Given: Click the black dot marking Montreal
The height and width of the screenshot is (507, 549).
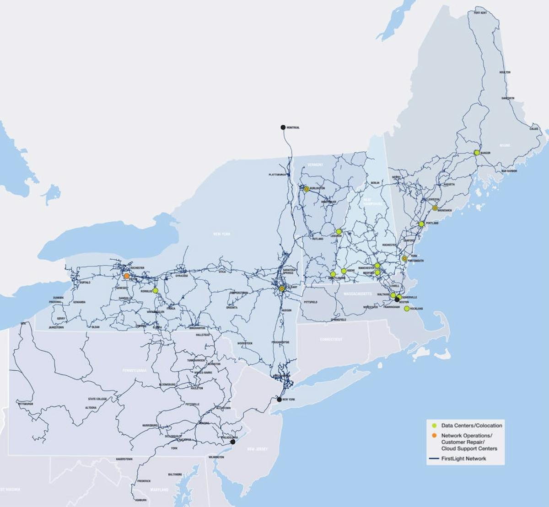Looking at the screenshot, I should coord(283,127).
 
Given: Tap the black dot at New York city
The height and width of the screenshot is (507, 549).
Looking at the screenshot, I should coord(279,399).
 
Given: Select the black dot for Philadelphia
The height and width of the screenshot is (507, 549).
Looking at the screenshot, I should coord(232,442).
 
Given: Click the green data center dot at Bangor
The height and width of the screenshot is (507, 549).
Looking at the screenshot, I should coord(477,153).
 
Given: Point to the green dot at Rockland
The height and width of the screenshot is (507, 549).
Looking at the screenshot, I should coord(407,309).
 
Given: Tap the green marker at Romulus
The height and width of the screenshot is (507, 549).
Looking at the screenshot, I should coord(156,290).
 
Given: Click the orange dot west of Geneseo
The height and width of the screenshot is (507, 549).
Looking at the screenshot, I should coord(127,276).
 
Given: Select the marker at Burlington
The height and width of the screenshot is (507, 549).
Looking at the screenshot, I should coord(307,189).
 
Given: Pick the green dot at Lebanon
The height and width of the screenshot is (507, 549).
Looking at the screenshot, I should coord(339,232).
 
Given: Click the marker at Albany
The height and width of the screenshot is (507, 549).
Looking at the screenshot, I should coord(282,288).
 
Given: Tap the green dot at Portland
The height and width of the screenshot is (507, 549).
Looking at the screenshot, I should coord(421,224).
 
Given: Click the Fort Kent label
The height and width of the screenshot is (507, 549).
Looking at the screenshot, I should coord(480,13).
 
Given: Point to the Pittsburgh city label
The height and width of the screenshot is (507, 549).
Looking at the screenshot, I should coord(26,405).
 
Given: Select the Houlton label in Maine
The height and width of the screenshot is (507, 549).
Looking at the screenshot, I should coord(505,72).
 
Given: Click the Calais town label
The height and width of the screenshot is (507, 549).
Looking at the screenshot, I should coord(533,128).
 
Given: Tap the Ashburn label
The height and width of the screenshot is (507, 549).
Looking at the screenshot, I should coord(140,500).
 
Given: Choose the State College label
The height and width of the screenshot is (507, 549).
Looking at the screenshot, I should coord(97,399).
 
